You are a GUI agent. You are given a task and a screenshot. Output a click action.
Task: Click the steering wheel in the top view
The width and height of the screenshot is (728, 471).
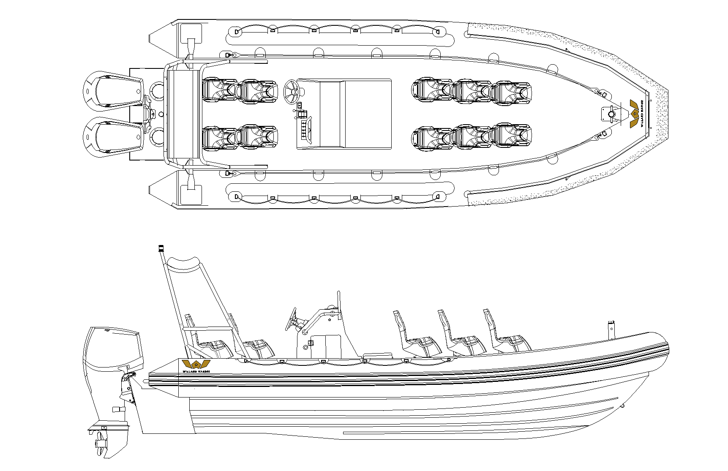(291, 91)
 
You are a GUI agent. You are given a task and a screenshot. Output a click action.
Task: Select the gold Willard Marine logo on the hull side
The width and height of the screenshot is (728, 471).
(196, 365)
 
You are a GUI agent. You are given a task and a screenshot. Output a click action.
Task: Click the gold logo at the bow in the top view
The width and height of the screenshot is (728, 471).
(634, 114)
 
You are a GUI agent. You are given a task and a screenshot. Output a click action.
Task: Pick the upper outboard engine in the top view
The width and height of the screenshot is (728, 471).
(113, 90)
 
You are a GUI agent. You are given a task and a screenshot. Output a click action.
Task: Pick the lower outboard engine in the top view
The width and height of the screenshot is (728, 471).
(113, 136)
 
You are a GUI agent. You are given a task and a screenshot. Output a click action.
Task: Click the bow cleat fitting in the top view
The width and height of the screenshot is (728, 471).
(611, 114)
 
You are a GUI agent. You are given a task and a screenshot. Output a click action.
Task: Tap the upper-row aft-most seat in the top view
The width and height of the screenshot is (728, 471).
(219, 90)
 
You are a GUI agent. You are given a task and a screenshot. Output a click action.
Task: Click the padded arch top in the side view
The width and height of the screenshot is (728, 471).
(183, 264)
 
